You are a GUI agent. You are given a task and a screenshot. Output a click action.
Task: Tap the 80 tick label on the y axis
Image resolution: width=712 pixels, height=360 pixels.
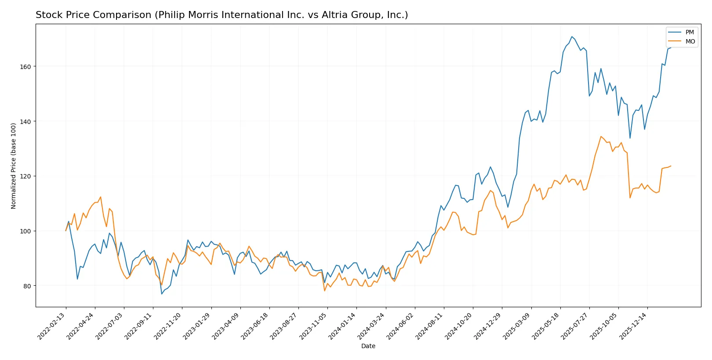point(27,286)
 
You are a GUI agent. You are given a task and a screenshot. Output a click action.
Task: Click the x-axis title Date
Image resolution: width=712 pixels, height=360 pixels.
point(368,346)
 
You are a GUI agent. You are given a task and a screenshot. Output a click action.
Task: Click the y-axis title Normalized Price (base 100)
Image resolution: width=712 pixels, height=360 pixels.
point(14,166)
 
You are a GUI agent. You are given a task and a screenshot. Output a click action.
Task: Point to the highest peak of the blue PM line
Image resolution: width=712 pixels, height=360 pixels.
point(572,36)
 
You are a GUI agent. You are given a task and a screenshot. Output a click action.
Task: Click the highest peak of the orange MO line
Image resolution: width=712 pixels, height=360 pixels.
point(601,136)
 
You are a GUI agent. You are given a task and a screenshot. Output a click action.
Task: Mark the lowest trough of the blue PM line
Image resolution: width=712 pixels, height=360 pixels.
point(162,294)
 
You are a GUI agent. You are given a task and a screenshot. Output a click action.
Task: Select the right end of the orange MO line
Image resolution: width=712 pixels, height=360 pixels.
point(671,166)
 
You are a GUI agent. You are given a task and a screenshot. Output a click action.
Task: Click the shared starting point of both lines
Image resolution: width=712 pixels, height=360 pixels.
point(66,231)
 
